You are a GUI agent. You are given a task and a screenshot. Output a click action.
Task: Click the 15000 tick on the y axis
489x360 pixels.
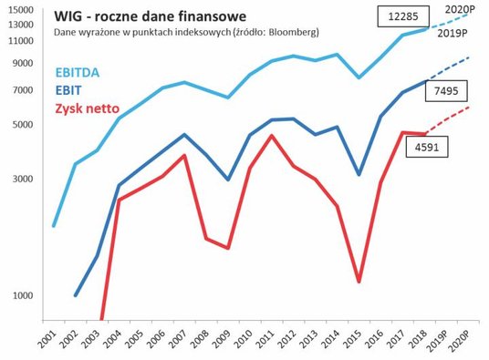tap(19, 11)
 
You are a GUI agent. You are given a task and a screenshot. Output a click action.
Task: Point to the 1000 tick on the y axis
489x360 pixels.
tap(22, 295)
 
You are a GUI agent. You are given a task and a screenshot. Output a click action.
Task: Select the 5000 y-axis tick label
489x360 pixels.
tap(22, 124)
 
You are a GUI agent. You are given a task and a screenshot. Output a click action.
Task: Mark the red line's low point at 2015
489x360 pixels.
tap(359, 282)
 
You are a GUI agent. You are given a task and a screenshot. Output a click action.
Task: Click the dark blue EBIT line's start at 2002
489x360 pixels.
tap(76, 295)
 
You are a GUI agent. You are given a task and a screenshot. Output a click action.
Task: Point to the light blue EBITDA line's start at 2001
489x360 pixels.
tap(54, 225)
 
